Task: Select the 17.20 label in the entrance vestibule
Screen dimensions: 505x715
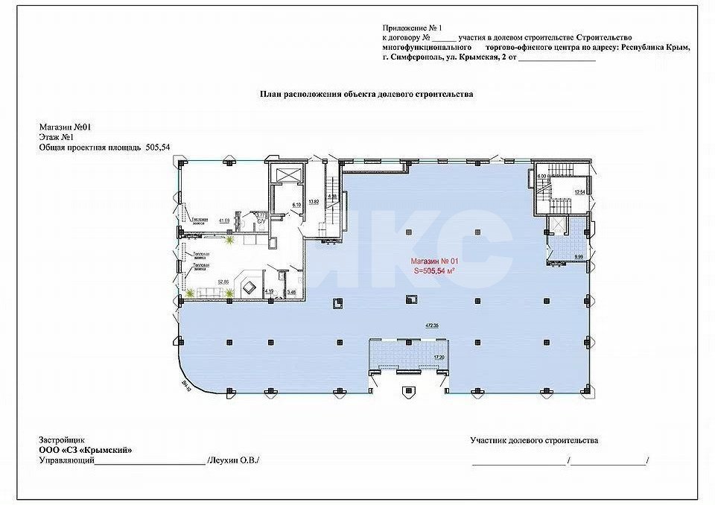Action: (x=439, y=358)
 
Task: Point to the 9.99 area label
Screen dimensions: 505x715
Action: (x=579, y=257)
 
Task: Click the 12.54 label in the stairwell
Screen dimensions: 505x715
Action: (x=579, y=193)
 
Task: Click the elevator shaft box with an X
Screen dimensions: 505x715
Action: (x=286, y=174)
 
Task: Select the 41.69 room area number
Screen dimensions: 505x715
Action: (x=223, y=220)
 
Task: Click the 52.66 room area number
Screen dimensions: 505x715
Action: (x=223, y=282)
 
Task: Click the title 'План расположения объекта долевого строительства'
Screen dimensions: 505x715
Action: (x=366, y=95)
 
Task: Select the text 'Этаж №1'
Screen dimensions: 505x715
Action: (x=55, y=138)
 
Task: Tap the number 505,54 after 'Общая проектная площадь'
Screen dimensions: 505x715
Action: (x=159, y=148)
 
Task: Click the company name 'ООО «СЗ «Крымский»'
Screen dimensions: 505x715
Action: (x=80, y=451)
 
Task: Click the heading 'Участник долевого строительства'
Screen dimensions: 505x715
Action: (x=533, y=441)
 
